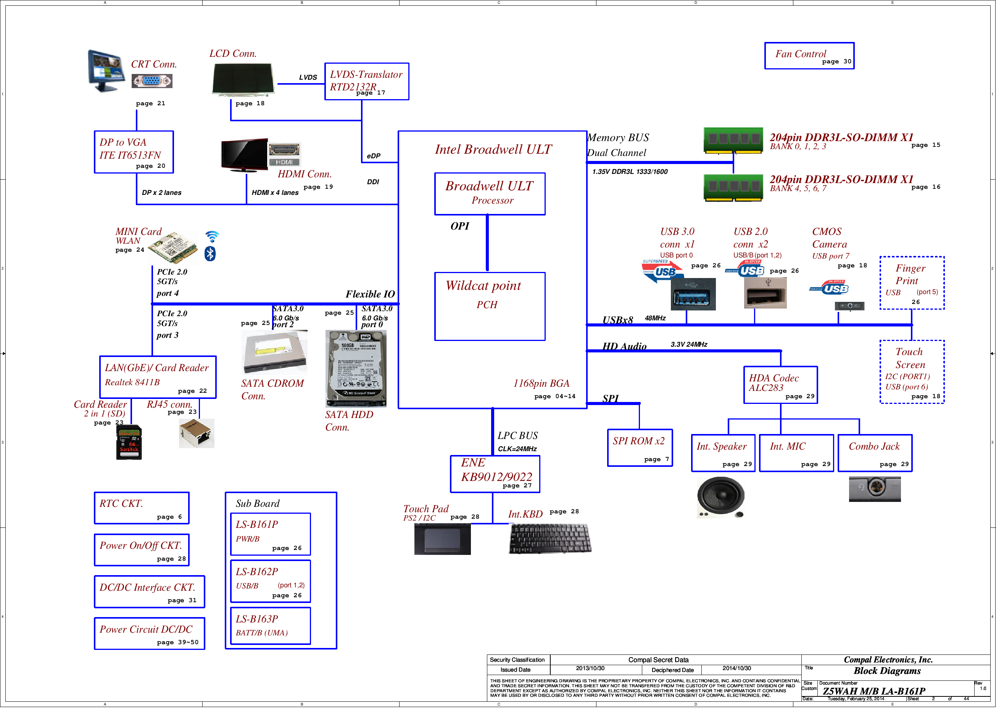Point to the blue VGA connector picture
point(153,81)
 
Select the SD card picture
point(130,445)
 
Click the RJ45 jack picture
point(198,437)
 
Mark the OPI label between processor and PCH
point(464,228)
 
